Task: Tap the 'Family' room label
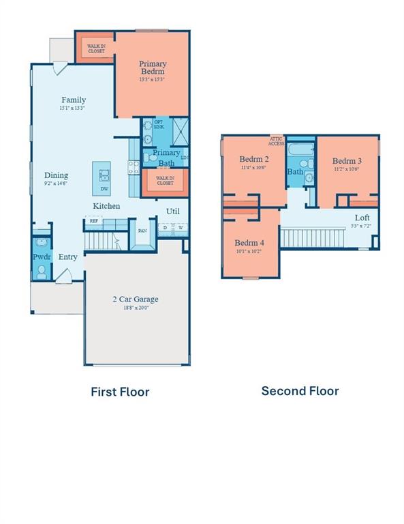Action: click(74, 100)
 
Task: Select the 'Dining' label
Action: click(56, 175)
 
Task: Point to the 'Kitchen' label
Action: click(106, 205)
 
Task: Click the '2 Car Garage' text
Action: click(136, 299)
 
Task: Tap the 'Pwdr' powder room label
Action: click(40, 257)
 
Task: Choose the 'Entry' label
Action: click(67, 257)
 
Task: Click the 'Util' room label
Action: click(173, 211)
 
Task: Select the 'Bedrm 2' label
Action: click(252, 159)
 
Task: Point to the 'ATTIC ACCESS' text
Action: click(276, 141)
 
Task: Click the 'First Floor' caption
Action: click(120, 392)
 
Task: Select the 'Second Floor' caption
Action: click(300, 391)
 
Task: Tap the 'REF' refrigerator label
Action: click(92, 220)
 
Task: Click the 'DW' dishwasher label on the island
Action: click(104, 189)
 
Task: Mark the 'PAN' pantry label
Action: click(142, 231)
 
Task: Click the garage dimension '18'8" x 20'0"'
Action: click(136, 308)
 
